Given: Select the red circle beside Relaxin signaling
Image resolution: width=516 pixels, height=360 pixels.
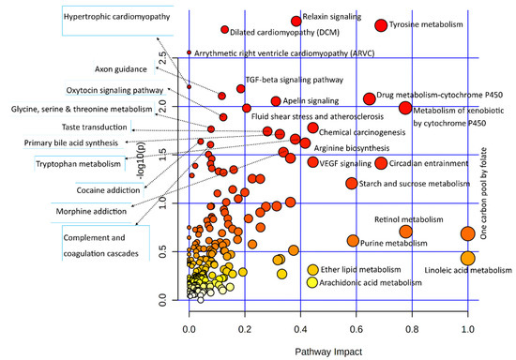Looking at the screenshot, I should (296, 20).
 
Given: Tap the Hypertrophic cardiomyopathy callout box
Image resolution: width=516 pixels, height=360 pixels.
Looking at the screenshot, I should (111, 19).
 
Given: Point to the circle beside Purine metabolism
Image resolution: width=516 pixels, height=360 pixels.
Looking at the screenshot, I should (353, 241).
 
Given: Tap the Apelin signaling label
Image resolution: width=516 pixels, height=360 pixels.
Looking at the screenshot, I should (311, 100).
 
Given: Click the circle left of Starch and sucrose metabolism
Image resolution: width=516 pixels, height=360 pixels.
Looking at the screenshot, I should (352, 184).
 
